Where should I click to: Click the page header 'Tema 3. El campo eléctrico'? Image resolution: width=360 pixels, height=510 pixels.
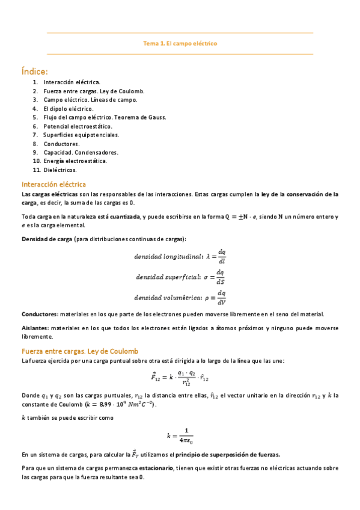[x=180, y=43]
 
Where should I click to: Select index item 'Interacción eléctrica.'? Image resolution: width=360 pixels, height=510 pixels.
[x=72, y=82]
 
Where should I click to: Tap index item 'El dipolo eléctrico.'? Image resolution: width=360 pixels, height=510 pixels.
[x=69, y=108]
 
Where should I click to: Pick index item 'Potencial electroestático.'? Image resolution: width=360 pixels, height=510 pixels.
[x=78, y=126]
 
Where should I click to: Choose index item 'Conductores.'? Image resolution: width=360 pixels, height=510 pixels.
[x=61, y=144]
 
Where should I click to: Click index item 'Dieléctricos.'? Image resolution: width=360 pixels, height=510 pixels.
[x=60, y=170]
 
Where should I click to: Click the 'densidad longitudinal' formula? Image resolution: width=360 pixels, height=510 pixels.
[x=180, y=256]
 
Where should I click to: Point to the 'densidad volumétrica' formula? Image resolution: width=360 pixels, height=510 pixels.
[x=180, y=297]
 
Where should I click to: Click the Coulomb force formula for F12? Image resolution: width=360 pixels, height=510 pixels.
[x=180, y=377]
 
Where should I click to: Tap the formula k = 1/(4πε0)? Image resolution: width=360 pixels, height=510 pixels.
[x=180, y=435]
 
